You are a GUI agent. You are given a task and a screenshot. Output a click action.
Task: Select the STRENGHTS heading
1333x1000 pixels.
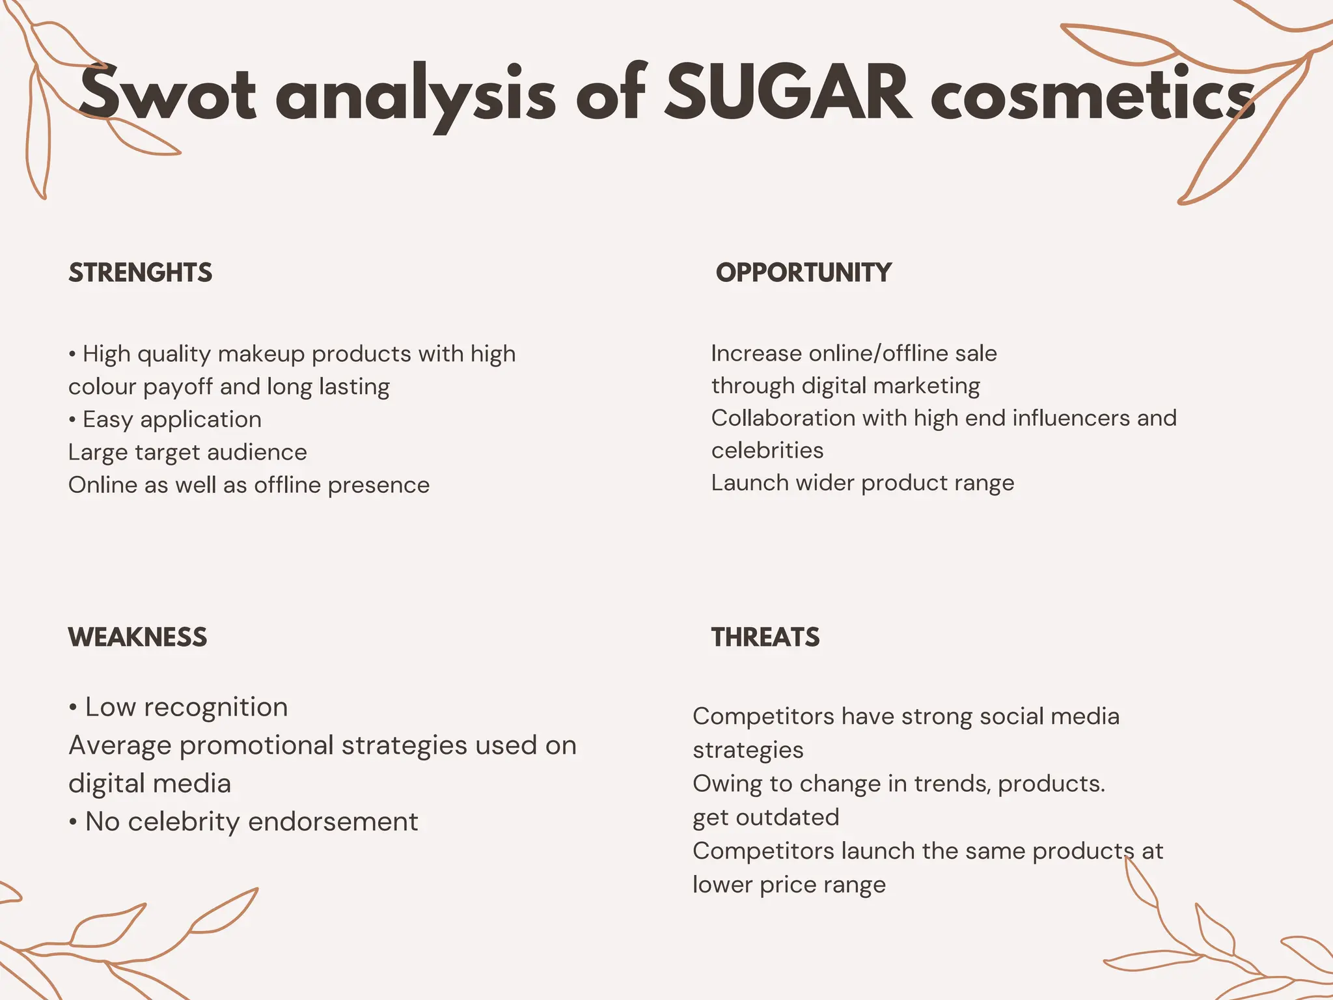pos(141,273)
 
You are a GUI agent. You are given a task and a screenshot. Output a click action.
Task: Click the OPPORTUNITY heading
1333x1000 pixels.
pos(804,273)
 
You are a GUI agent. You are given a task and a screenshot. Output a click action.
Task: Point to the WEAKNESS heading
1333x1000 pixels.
pos(138,637)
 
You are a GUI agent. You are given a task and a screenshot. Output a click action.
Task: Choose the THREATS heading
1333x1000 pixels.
pos(765,637)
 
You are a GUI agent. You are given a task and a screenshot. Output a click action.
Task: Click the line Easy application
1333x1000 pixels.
pos(172,420)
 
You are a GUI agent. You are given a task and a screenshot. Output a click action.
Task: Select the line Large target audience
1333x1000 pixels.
pos(187,452)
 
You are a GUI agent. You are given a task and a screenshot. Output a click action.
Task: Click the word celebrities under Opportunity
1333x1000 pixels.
pos(767,451)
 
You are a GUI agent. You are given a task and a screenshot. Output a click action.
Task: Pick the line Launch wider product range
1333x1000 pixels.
pos(862,483)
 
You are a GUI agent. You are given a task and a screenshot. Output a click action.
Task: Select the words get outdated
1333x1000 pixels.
pos(765,818)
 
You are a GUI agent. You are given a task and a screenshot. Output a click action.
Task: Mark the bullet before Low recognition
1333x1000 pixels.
pos(73,708)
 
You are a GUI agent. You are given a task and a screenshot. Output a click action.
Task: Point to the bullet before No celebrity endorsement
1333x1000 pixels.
pos(73,822)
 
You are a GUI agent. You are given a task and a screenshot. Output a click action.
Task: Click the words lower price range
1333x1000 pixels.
pos(789,885)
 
